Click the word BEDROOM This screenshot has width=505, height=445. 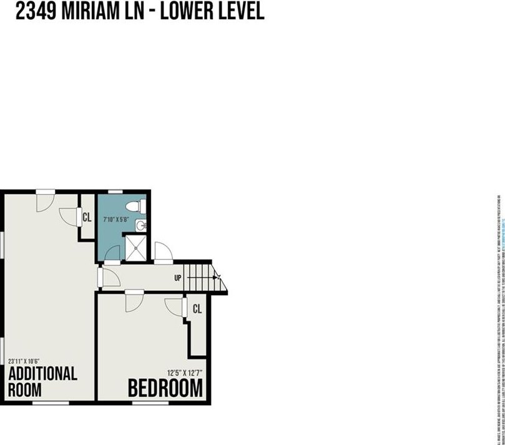pos(165,388)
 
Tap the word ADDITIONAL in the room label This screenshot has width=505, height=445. pos(42,374)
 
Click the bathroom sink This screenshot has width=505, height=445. pos(142,225)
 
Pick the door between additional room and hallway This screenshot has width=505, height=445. pos(109,277)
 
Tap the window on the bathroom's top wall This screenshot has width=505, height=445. pos(115,191)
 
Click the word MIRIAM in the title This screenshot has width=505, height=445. pos(97,11)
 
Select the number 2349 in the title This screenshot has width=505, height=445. pos(35,11)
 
